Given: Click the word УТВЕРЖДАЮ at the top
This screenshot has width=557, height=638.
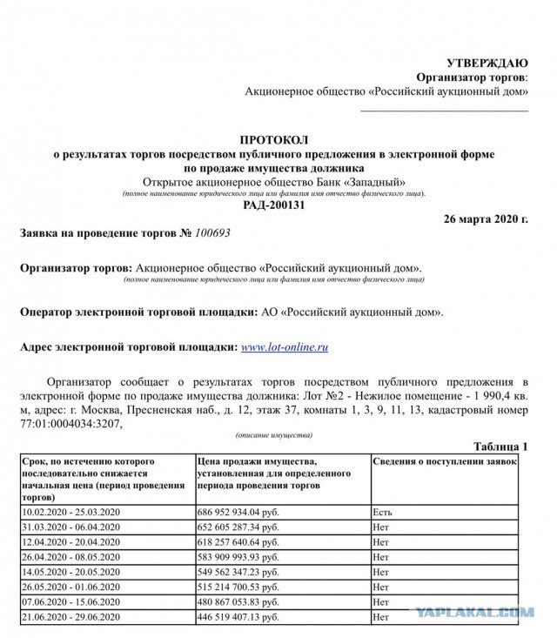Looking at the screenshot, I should (x=487, y=63).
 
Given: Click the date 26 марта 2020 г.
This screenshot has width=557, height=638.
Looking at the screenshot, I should (x=486, y=218).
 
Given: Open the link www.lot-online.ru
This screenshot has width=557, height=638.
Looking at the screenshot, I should (x=284, y=346).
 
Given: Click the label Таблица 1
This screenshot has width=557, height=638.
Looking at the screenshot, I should (x=500, y=446).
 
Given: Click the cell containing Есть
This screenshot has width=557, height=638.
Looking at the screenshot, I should (x=382, y=513).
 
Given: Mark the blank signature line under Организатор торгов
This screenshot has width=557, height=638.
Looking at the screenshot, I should (x=444, y=111).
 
